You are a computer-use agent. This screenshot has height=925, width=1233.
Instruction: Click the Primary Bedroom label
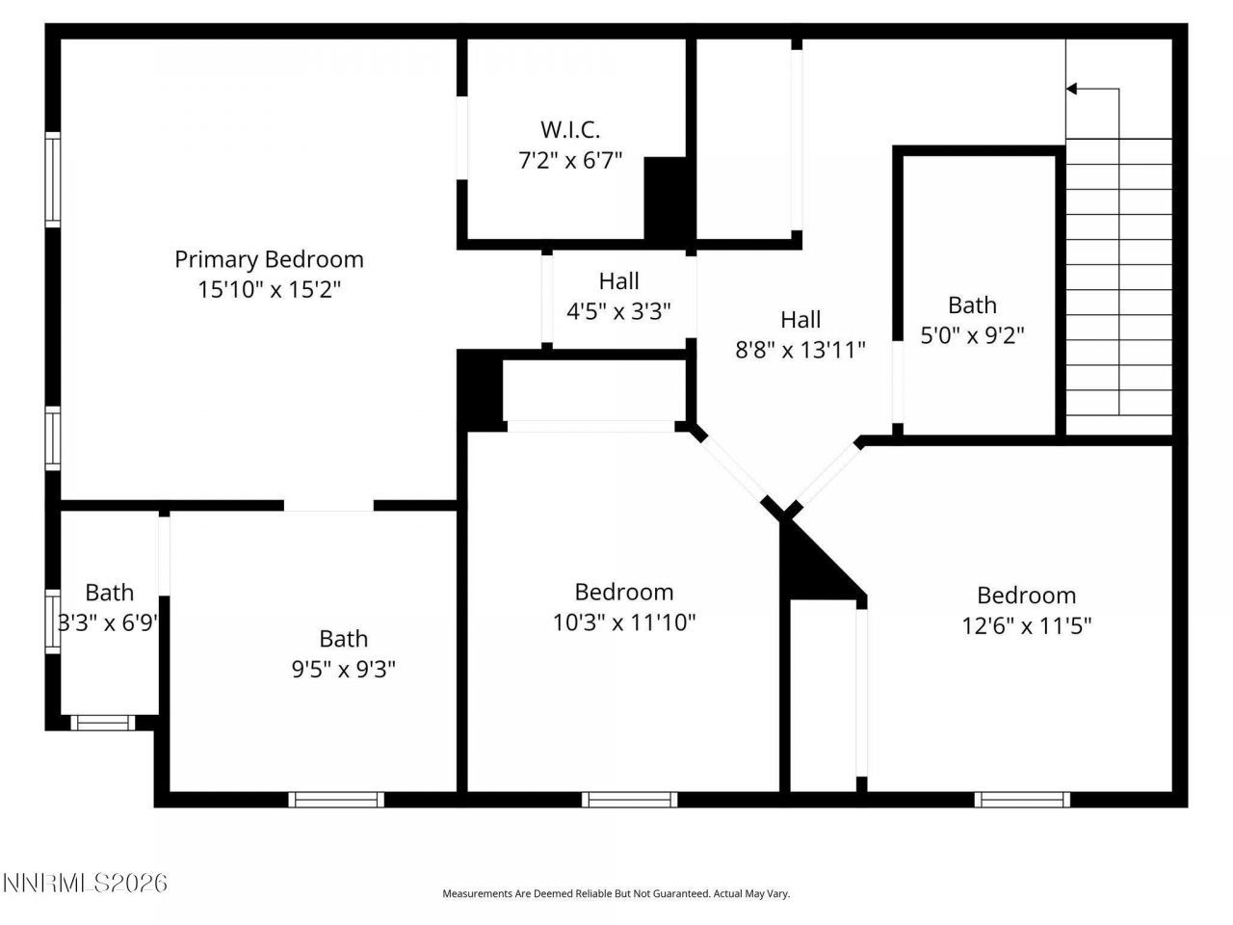pyautogui.click(x=269, y=259)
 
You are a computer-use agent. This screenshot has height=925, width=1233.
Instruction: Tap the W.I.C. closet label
pyautogui.click(x=570, y=129)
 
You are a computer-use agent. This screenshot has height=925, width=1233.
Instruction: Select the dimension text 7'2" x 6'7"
pyautogui.click(x=570, y=160)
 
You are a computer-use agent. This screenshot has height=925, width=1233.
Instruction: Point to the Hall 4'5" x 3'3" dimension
pyautogui.click(x=618, y=311)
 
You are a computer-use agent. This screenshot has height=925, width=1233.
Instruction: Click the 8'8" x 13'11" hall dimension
pyautogui.click(x=800, y=350)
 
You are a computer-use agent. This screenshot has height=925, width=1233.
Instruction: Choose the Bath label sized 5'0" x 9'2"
pyautogui.click(x=972, y=305)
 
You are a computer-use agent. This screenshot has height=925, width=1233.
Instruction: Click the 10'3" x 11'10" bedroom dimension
pyautogui.click(x=624, y=622)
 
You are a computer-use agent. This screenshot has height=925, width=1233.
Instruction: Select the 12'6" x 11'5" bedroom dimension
pyautogui.click(x=1026, y=626)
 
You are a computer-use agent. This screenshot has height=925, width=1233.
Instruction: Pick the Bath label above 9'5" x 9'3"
pyautogui.click(x=344, y=639)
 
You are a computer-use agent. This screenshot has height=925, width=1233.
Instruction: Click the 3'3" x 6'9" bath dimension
pyautogui.click(x=108, y=622)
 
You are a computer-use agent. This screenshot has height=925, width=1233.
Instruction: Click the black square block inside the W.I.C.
pyautogui.click(x=665, y=198)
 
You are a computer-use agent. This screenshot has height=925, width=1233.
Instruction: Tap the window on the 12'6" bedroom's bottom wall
pyautogui.click(x=1022, y=799)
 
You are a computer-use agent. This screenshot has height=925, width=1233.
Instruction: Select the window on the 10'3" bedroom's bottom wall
pyautogui.click(x=629, y=799)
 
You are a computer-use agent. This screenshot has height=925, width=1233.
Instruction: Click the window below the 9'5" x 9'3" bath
pyautogui.click(x=336, y=799)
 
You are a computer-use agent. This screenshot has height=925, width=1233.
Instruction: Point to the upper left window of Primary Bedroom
pyautogui.click(x=53, y=180)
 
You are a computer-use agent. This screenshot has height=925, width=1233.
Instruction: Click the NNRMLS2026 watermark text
pyautogui.click(x=86, y=883)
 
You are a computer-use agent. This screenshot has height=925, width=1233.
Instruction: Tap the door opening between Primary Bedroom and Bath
pyautogui.click(x=328, y=505)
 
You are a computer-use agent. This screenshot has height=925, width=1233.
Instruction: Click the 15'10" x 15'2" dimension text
pyautogui.click(x=269, y=290)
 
